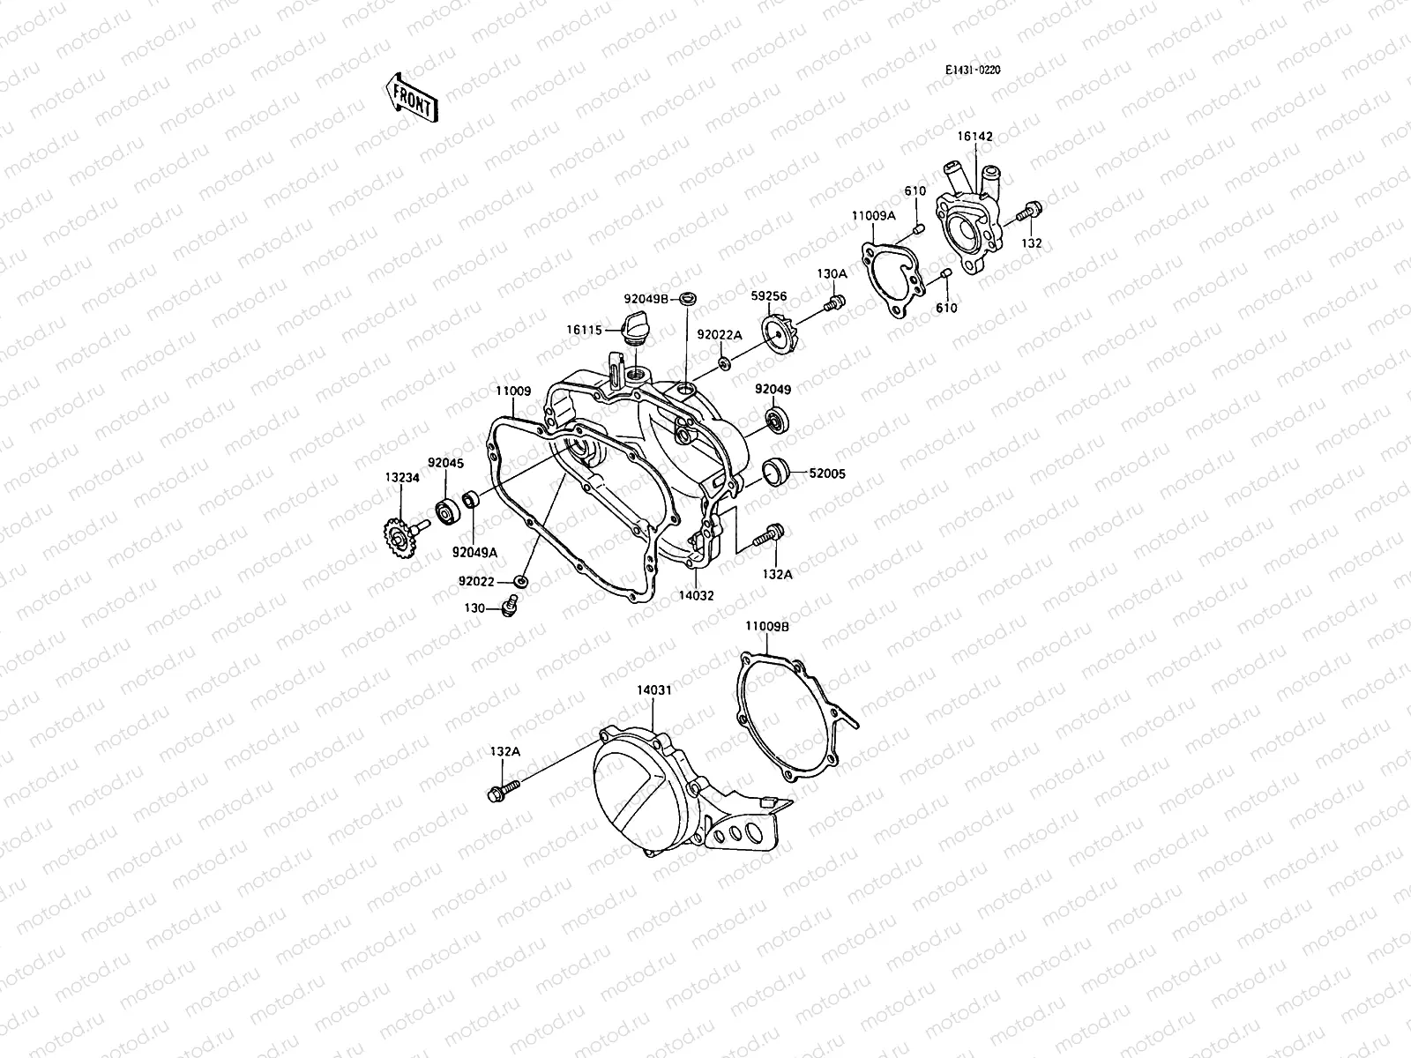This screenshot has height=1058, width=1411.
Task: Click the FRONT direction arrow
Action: (411, 96)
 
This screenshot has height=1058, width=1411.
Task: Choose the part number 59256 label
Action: (769, 297)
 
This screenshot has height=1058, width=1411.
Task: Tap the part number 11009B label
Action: (766, 625)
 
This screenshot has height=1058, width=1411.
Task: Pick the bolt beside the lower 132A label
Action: (503, 791)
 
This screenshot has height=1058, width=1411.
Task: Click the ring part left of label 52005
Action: (773, 473)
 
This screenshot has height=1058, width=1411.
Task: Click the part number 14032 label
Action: (696, 595)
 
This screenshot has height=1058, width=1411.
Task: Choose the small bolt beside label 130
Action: (508, 606)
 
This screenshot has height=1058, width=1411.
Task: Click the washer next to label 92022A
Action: (724, 363)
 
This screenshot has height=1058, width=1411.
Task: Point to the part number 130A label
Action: (832, 274)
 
